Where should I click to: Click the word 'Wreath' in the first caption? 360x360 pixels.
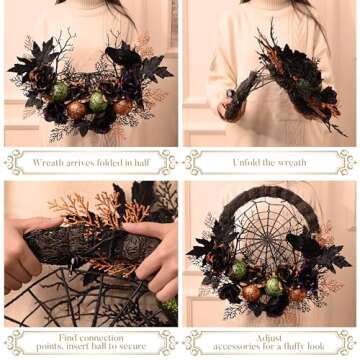pos(49,162)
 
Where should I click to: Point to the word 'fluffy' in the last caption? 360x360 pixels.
pos(292,348)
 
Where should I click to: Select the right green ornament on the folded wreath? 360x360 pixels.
pos(97,101)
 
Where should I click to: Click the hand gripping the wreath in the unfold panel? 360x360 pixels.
pos(236,95)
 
